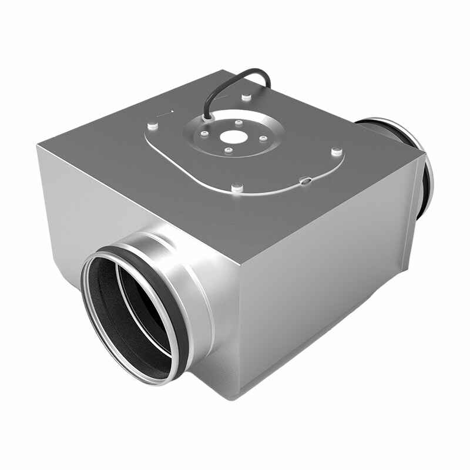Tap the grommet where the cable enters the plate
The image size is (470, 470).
[206, 117]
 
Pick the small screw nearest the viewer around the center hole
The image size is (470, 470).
[229, 150]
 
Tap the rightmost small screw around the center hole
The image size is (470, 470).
[263, 139]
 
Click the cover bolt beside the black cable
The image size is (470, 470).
[247, 95]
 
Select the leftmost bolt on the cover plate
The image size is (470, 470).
[152, 125]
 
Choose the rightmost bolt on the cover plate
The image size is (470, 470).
[336, 152]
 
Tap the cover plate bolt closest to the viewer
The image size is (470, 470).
[237, 188]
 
